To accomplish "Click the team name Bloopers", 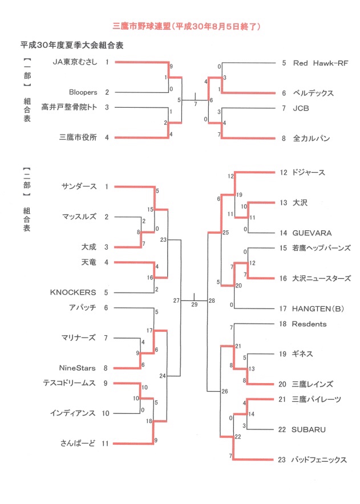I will [x=83, y=92].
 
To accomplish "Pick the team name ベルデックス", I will [x=313, y=92].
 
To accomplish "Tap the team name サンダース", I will [x=79, y=186].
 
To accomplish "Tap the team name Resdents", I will [x=309, y=324].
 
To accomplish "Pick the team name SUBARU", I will [x=309, y=429].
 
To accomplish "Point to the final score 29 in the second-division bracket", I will [x=195, y=305].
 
